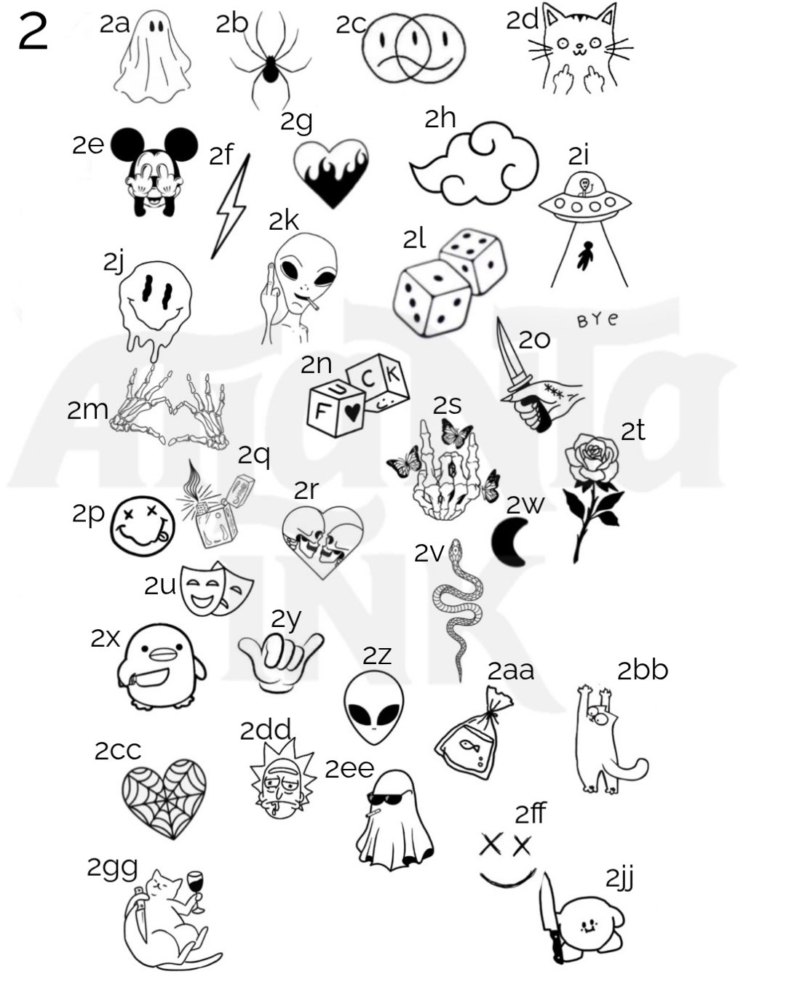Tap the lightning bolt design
[231, 207]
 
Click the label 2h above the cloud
[440, 119]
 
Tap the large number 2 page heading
[33, 33]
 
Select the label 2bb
[643, 670]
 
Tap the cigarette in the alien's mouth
[311, 303]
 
